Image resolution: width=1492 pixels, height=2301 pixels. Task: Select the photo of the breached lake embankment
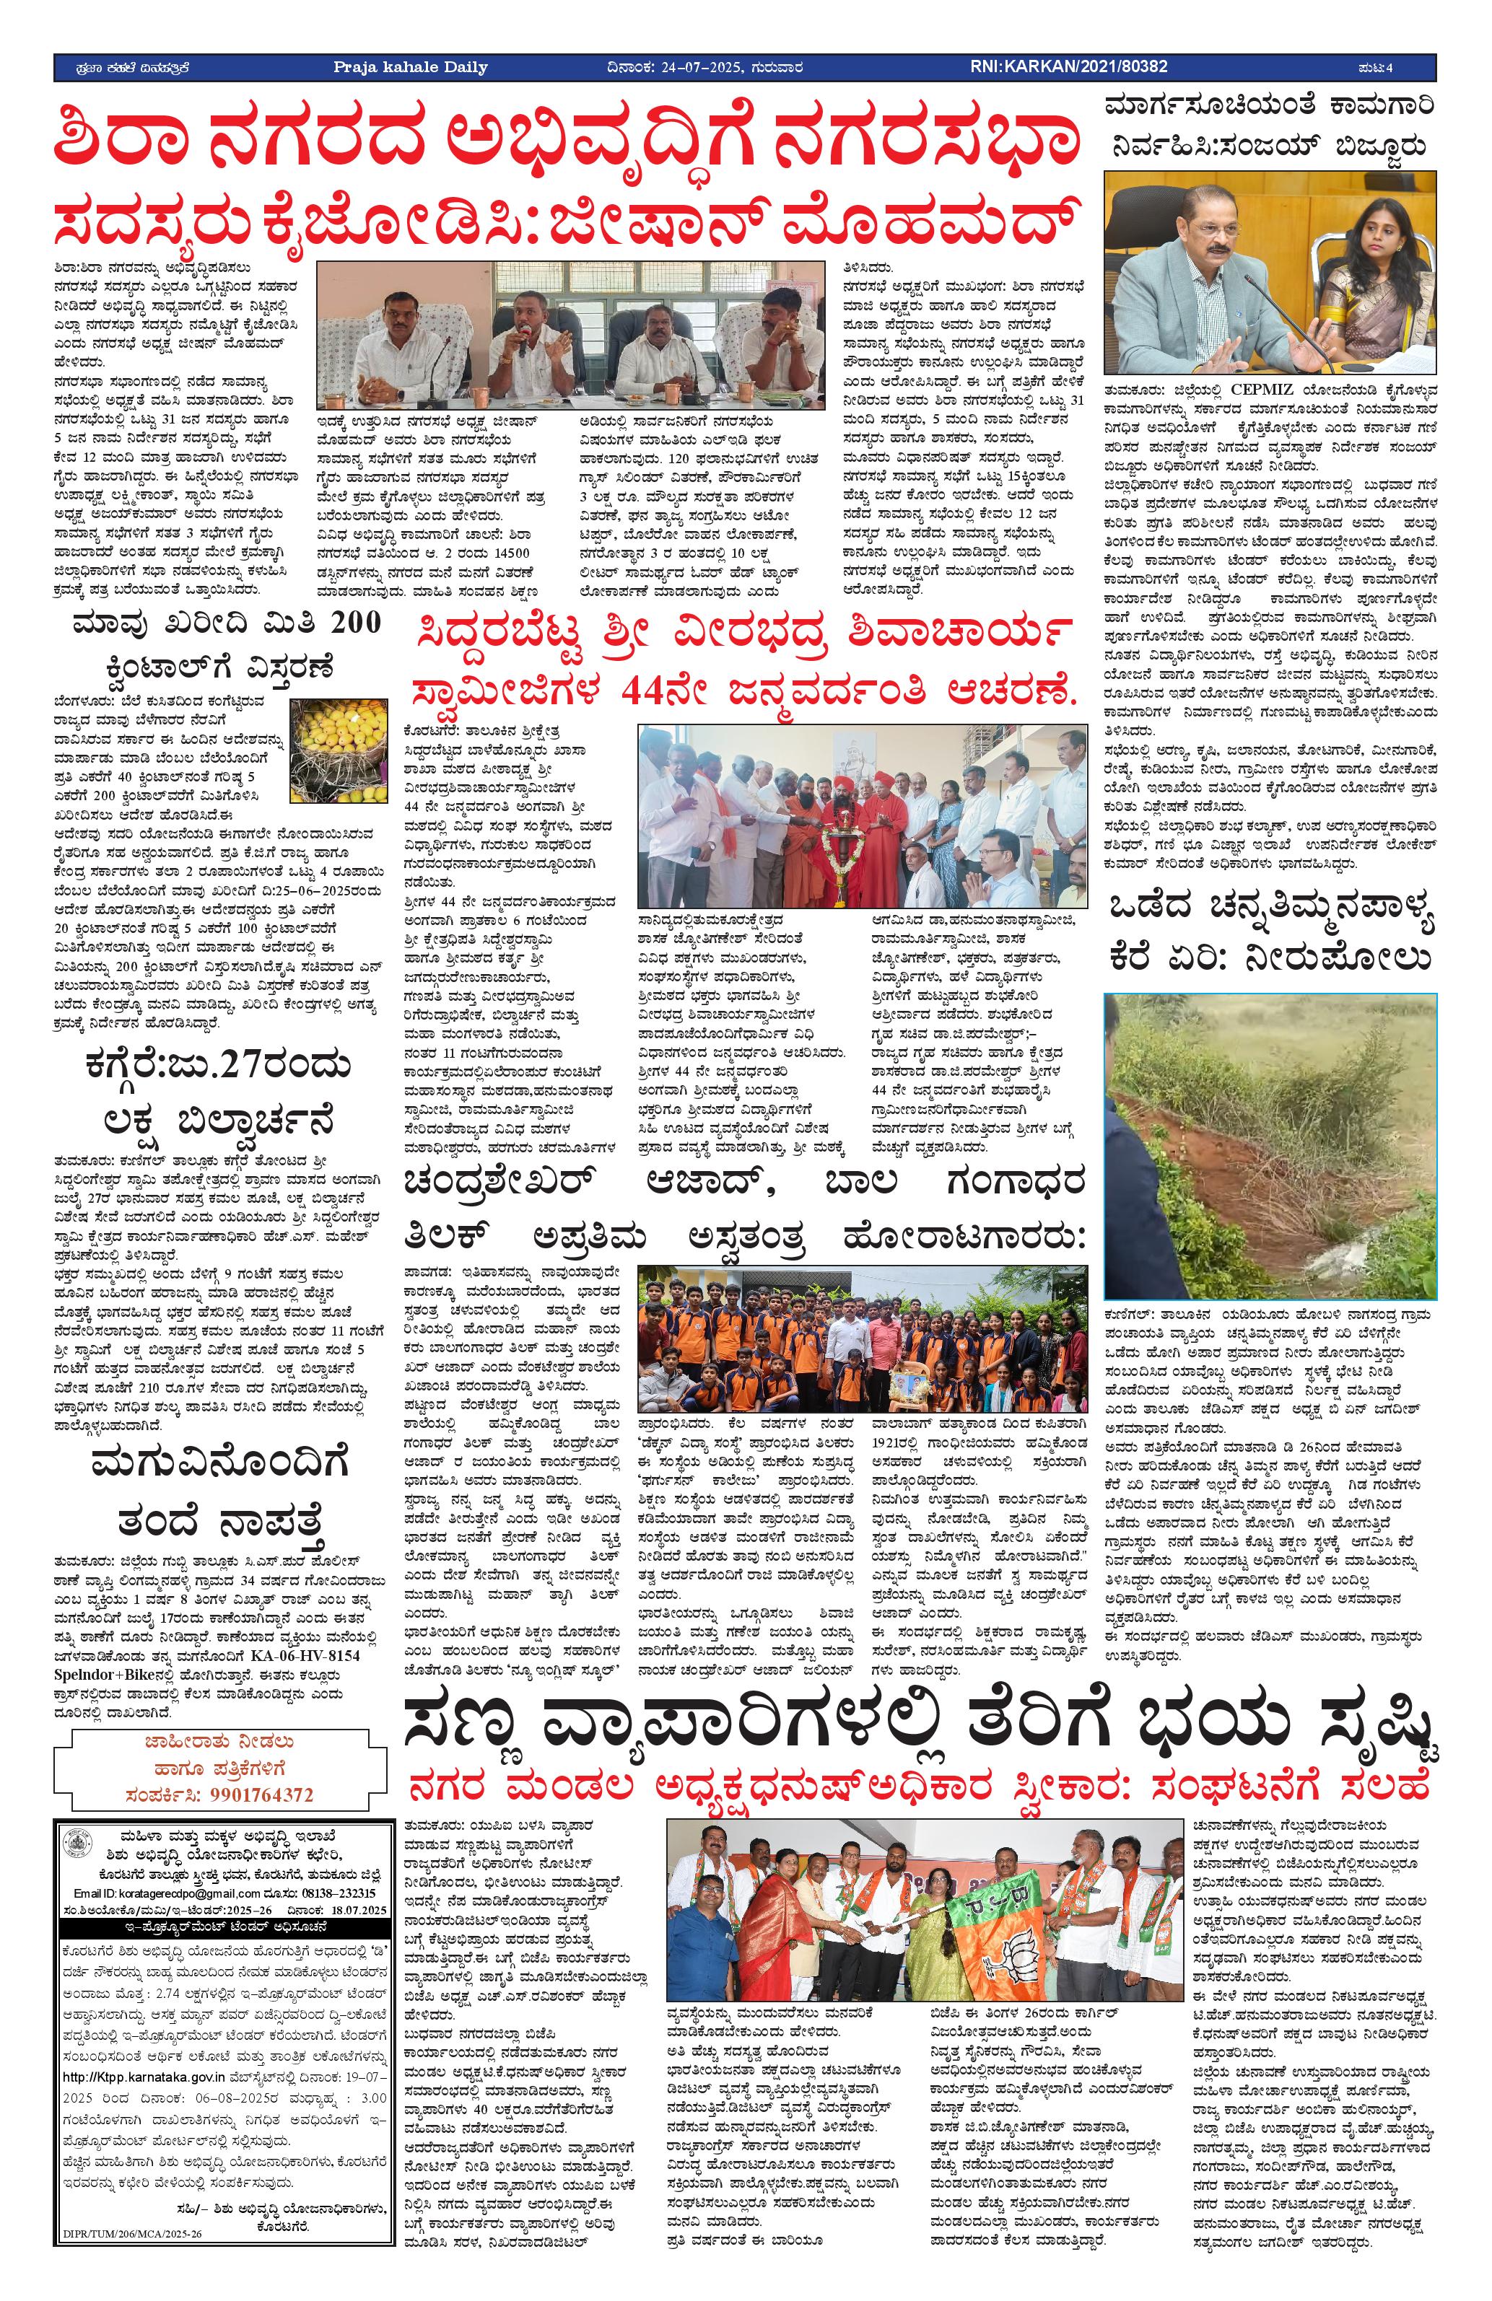1270,1144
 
